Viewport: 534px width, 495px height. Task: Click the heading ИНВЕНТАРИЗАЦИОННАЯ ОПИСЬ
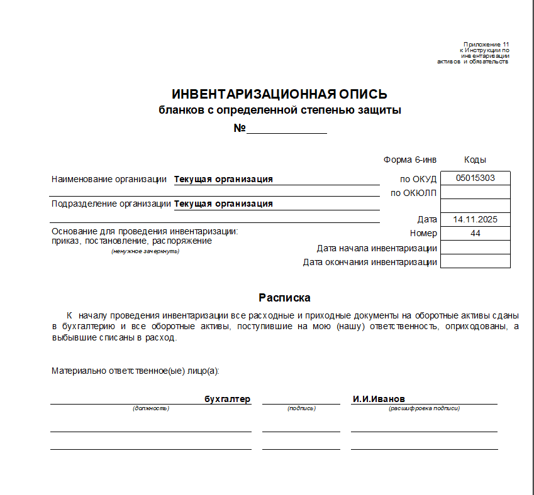click(x=279, y=94)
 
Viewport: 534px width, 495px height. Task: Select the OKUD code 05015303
click(x=475, y=178)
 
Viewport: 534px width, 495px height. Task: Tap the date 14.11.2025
click(x=475, y=219)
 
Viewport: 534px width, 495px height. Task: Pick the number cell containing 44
click(x=475, y=233)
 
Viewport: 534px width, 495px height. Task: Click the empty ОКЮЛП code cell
click(x=475, y=192)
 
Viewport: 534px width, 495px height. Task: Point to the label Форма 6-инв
click(x=409, y=160)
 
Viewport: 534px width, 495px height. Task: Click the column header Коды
click(x=475, y=160)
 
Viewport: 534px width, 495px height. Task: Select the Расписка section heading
click(x=284, y=298)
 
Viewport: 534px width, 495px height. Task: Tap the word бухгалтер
click(x=227, y=399)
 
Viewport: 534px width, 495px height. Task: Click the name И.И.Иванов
click(x=379, y=399)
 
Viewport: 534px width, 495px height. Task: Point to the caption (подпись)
click(x=301, y=408)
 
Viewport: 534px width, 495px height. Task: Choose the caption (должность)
click(x=151, y=408)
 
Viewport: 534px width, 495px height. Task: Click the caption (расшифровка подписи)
click(x=424, y=408)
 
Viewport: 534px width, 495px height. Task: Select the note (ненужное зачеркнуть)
click(x=145, y=251)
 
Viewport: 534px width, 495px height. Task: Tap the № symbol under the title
click(x=239, y=128)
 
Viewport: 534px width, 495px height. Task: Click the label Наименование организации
click(x=109, y=179)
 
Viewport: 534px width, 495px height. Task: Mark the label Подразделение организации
click(x=111, y=204)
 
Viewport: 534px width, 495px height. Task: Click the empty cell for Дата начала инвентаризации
click(x=475, y=247)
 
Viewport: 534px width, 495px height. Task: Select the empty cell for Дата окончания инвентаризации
click(x=475, y=261)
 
